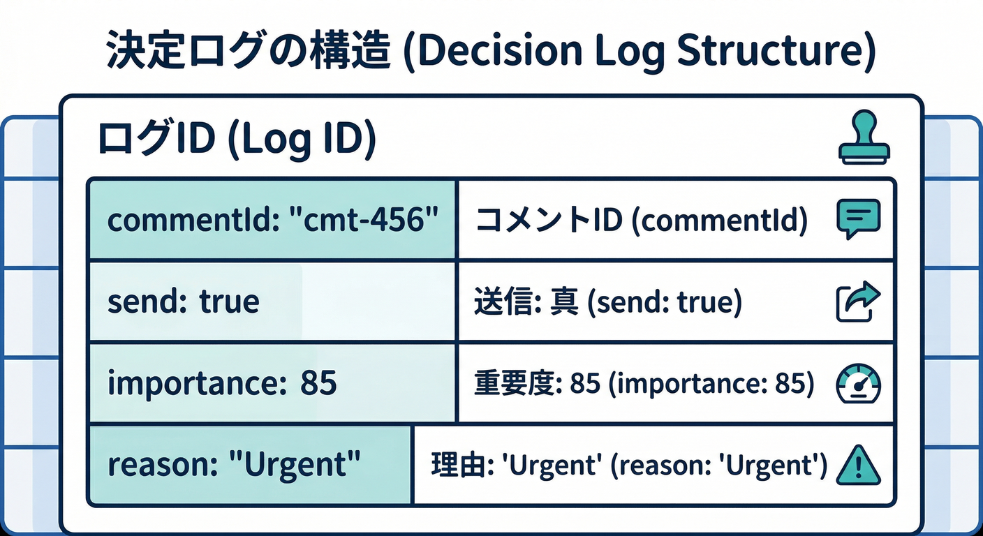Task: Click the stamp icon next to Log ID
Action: (x=864, y=137)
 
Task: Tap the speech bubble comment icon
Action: (x=858, y=219)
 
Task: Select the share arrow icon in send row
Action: (x=858, y=301)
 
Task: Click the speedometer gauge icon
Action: (x=858, y=385)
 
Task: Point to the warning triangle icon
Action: (x=858, y=466)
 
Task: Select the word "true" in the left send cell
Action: (x=229, y=301)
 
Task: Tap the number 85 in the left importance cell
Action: (x=318, y=384)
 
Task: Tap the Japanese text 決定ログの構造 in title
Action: (x=247, y=53)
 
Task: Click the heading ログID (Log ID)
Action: (x=236, y=139)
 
